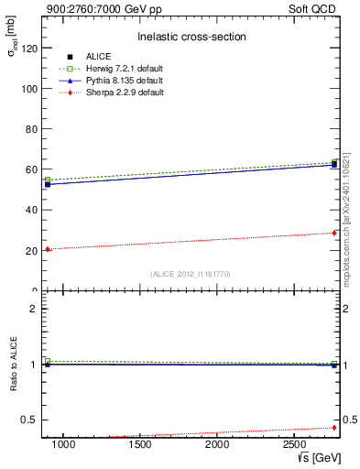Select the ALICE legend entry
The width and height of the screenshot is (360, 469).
(x=100, y=57)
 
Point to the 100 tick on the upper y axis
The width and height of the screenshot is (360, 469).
(x=26, y=88)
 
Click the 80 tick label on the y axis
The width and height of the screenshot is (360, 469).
(x=27, y=129)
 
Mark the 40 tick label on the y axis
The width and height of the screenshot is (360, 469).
(x=27, y=210)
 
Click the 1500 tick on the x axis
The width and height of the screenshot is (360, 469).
(x=140, y=444)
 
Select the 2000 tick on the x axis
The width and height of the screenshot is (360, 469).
(x=217, y=444)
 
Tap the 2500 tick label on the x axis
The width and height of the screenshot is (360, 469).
(x=294, y=444)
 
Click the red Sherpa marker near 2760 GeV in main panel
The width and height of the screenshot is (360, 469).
(x=334, y=233)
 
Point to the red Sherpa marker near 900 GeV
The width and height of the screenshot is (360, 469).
(x=48, y=249)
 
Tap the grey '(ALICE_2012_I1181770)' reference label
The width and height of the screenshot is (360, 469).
(x=190, y=273)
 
